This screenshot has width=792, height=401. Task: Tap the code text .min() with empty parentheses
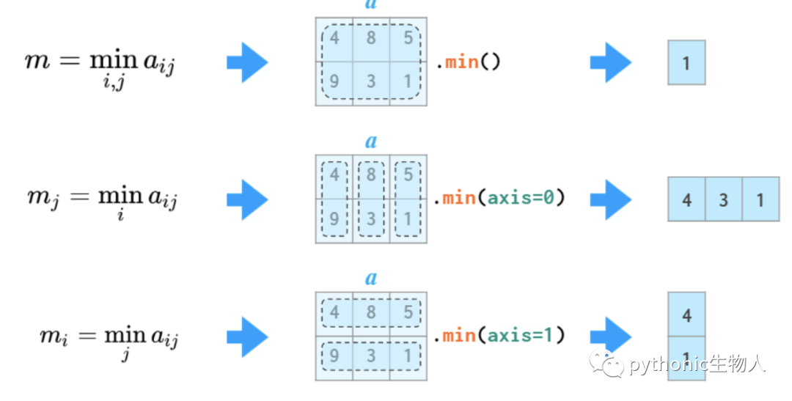click(x=468, y=62)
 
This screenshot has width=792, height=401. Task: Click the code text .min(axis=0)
click(x=499, y=197)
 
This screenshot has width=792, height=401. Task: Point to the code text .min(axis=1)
click(x=499, y=335)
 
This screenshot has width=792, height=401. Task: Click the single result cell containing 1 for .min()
click(x=686, y=62)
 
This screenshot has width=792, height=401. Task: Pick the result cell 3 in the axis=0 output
click(x=723, y=199)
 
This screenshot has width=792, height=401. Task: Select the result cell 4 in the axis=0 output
click(x=686, y=199)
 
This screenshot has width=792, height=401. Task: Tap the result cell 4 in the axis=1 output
click(x=686, y=314)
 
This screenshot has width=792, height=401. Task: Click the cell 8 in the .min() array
click(x=371, y=40)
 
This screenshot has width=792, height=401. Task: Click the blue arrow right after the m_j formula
click(x=247, y=199)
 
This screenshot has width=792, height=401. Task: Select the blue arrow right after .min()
click(x=611, y=62)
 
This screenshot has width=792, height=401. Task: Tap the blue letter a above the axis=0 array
click(x=371, y=141)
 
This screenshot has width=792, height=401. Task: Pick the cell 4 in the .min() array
click(x=334, y=40)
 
